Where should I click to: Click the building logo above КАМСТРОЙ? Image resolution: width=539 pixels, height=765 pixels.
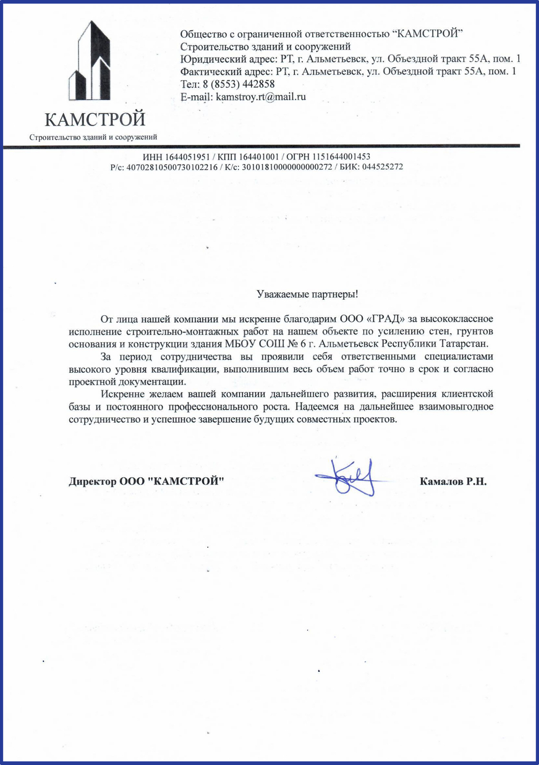[90, 61]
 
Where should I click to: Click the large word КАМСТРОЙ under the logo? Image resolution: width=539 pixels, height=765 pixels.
[95, 119]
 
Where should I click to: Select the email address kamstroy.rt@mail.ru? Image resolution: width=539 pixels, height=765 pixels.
[261, 96]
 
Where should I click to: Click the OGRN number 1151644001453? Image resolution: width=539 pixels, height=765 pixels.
[341, 157]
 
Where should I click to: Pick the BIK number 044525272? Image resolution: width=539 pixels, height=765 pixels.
[383, 167]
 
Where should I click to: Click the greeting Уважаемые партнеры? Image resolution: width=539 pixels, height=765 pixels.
[307, 294]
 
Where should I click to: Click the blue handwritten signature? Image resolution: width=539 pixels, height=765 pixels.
[352, 478]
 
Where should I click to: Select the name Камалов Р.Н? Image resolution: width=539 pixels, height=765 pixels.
[453, 481]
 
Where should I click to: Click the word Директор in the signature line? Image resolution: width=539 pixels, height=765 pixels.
[92, 481]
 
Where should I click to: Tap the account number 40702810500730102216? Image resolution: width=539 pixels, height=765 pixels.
[172, 167]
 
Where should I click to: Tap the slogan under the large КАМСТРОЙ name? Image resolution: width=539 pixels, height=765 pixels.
[93, 137]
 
